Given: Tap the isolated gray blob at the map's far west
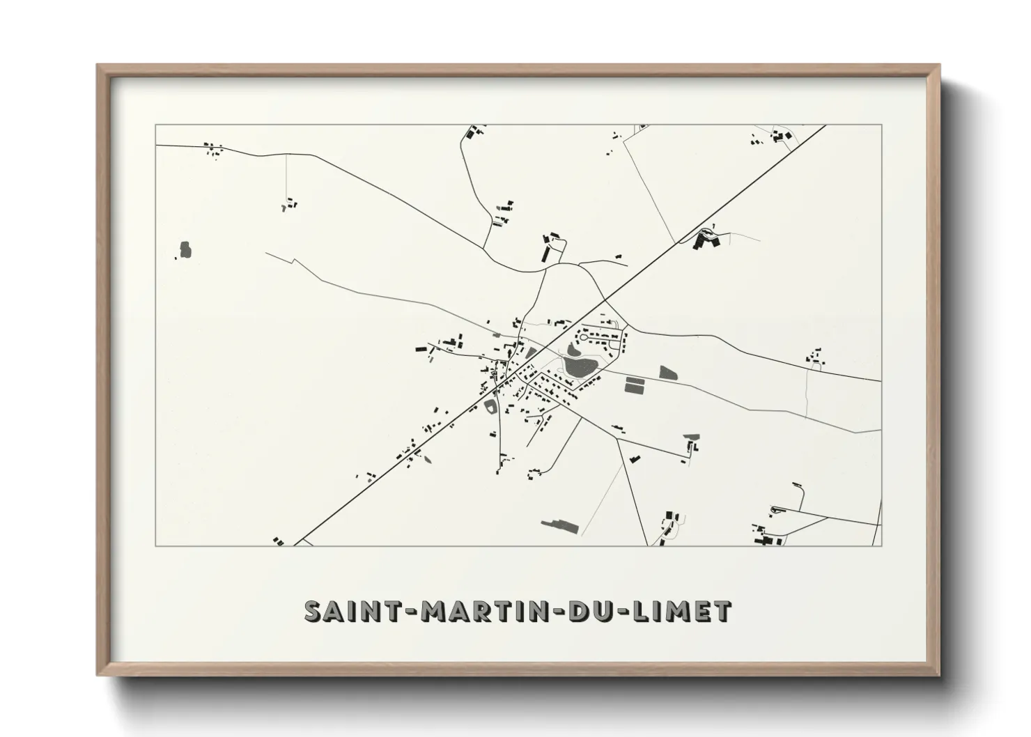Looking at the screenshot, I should (185, 249).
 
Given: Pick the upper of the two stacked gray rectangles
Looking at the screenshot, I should (635, 380).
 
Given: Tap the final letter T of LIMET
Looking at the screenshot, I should (722, 611).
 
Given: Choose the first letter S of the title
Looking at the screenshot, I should (313, 611).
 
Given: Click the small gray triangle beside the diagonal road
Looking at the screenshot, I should (531, 352).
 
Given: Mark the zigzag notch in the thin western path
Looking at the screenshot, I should (295, 262).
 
